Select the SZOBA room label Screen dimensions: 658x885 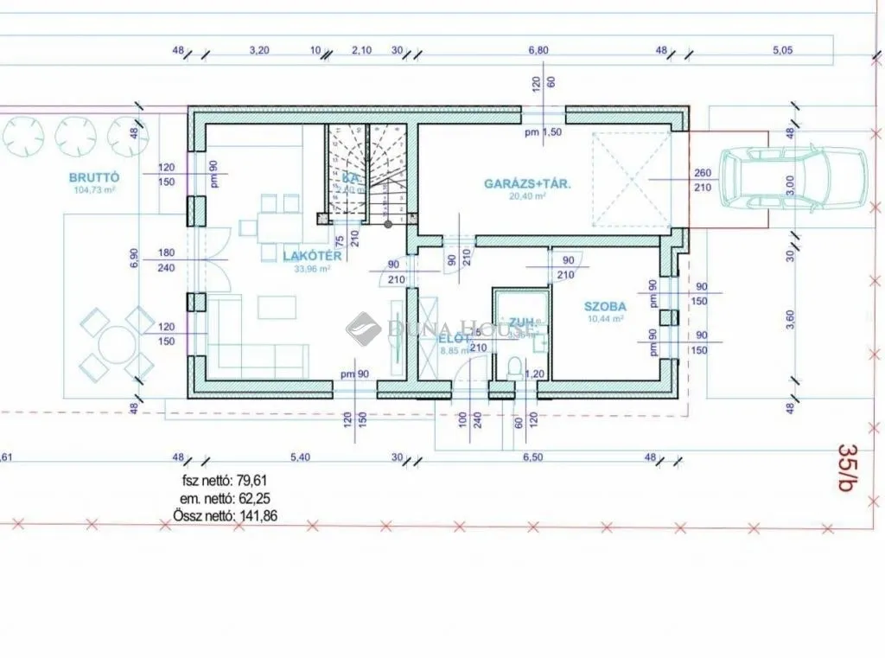(604, 306)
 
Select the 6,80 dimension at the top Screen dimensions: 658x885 (538, 50)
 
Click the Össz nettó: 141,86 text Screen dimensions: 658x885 (220, 517)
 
